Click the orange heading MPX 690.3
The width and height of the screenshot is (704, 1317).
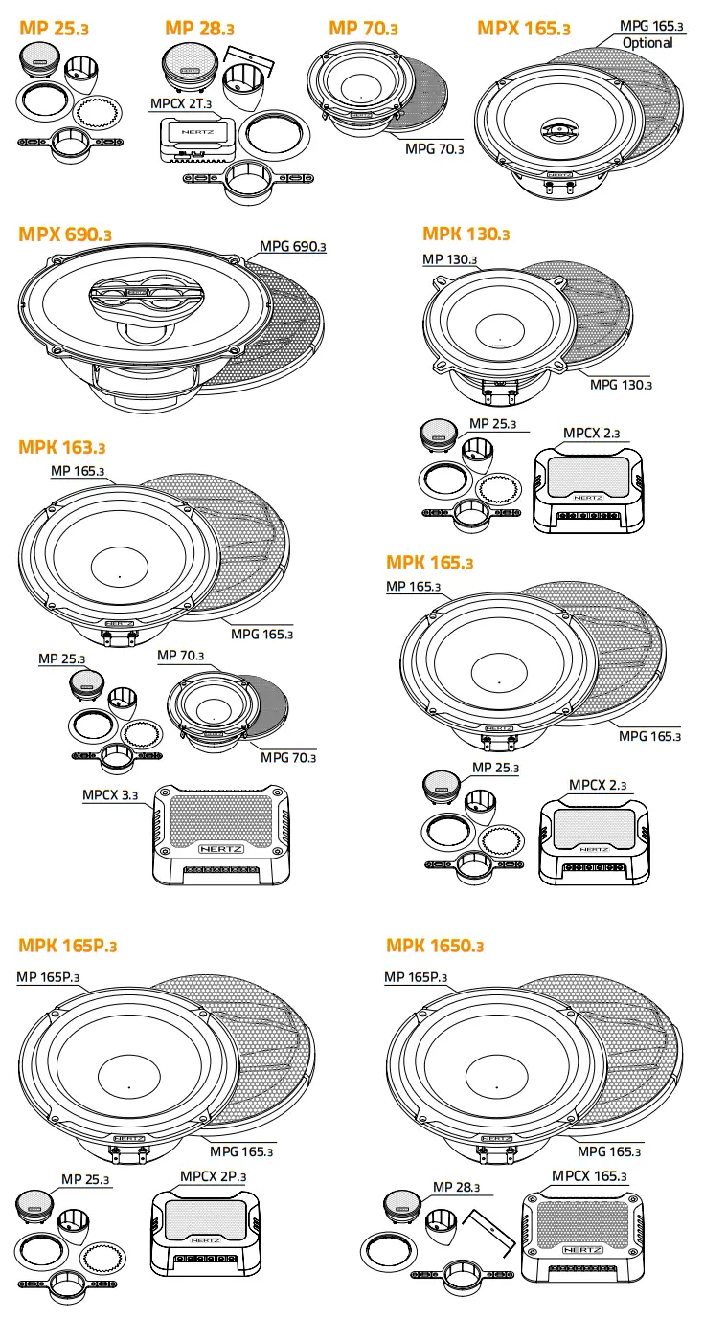65,234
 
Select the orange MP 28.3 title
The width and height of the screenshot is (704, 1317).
199,28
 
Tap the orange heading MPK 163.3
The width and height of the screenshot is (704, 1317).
62,447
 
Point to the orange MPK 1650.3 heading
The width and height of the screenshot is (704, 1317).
435,946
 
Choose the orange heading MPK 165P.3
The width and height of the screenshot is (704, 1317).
67,946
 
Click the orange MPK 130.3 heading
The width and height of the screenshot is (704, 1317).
466,234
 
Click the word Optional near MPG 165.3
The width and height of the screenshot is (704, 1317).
647,43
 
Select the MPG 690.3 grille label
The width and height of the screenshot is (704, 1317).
293,247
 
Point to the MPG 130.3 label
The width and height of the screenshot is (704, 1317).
621,384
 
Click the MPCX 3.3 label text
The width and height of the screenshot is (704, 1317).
110,794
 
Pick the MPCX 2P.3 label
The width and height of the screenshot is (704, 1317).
214,1175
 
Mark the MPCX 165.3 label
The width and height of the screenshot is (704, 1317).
589,1175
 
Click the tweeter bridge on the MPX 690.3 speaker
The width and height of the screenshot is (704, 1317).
135,296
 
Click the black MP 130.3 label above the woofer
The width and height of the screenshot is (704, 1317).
450,259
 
